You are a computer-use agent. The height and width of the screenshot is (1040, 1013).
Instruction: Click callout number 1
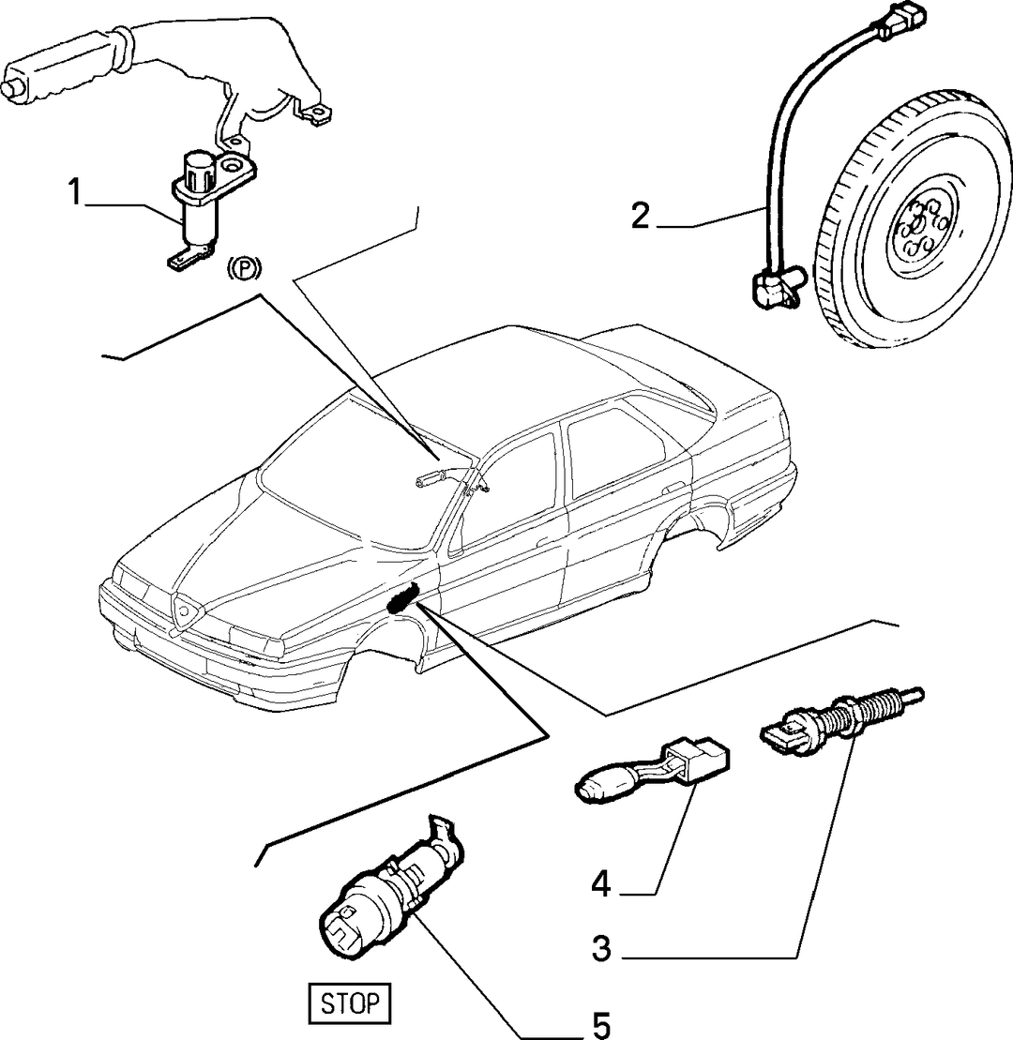(74, 192)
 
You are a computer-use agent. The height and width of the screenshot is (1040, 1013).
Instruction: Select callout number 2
(640, 216)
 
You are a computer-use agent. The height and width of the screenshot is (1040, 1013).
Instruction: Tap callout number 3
(601, 949)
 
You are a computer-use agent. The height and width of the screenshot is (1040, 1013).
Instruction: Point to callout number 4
(600, 884)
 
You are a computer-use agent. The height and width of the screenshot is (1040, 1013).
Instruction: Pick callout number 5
(601, 1025)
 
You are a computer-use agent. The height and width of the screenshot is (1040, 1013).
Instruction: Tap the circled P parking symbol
(245, 268)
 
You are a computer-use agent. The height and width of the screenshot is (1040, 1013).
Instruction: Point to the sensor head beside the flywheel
(777, 286)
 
